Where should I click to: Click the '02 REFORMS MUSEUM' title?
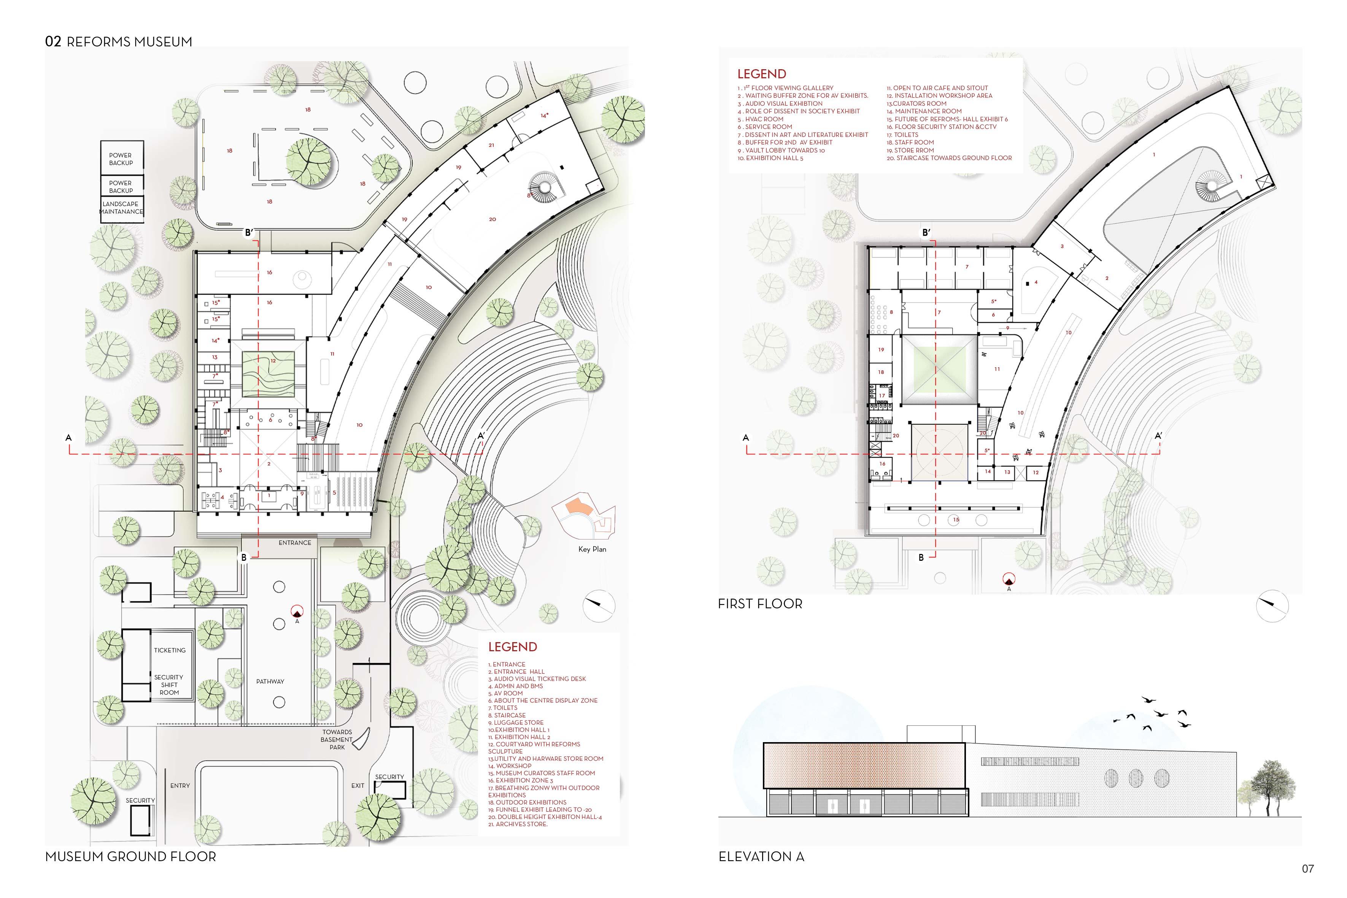coord(119,41)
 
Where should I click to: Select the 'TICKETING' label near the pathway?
coord(170,650)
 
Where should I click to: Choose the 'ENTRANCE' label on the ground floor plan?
coord(295,543)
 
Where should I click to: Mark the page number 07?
coord(1307,869)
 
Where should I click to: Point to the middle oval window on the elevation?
coord(1136,778)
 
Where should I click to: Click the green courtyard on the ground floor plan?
coord(268,374)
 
